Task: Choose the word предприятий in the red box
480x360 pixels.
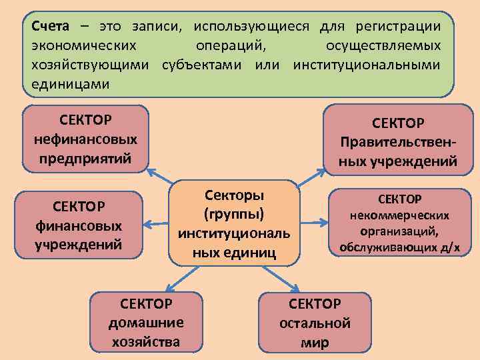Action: (85, 158)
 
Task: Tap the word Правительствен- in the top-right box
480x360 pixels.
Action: (398, 142)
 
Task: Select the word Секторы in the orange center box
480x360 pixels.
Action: (233, 195)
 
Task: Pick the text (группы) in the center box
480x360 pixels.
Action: (233, 214)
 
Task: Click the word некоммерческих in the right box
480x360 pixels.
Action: (400, 215)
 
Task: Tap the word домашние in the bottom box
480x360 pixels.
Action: (145, 323)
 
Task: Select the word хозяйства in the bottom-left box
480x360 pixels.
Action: (145, 341)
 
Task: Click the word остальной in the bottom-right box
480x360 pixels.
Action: (314, 323)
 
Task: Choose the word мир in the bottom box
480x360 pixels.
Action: (314, 343)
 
